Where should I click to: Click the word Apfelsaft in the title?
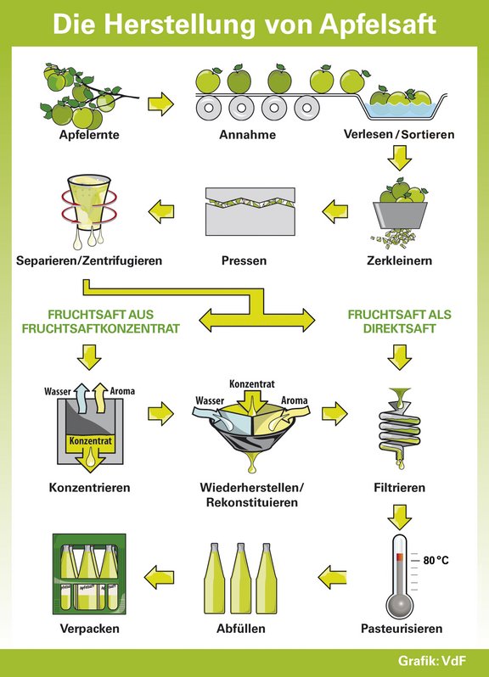point(378,24)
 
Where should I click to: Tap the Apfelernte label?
point(89,135)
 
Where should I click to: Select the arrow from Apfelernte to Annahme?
point(160,104)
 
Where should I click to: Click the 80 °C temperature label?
point(436,560)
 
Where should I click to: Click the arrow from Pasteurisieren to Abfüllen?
point(332,577)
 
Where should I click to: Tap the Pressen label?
point(244,260)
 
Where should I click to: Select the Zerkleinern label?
point(400,260)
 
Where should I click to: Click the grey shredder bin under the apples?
point(400,215)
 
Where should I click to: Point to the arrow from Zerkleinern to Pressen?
point(334,211)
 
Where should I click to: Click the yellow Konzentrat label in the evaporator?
point(91,441)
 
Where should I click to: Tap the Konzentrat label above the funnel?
point(252,383)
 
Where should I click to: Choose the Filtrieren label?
point(400,488)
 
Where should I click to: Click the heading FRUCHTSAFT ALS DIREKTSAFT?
point(400,322)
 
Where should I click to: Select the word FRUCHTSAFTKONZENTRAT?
point(101,328)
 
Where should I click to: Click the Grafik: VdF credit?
point(432,661)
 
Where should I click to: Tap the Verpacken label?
point(89,629)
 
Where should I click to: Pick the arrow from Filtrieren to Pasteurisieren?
point(400,517)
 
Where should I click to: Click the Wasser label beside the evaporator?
point(57,392)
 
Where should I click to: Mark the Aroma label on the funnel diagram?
point(295,400)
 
